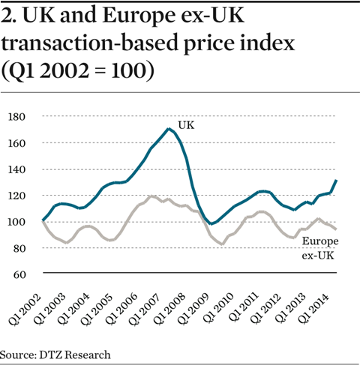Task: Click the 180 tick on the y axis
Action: (x=18, y=117)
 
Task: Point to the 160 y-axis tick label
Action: (x=18, y=143)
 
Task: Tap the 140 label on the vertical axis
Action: (x=18, y=169)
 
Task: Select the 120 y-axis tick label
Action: (x=18, y=196)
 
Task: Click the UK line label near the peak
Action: (x=186, y=124)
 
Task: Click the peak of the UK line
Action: (x=169, y=129)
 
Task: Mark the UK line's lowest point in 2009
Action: (x=212, y=224)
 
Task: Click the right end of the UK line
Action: (x=335, y=181)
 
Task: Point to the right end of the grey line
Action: (x=335, y=229)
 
